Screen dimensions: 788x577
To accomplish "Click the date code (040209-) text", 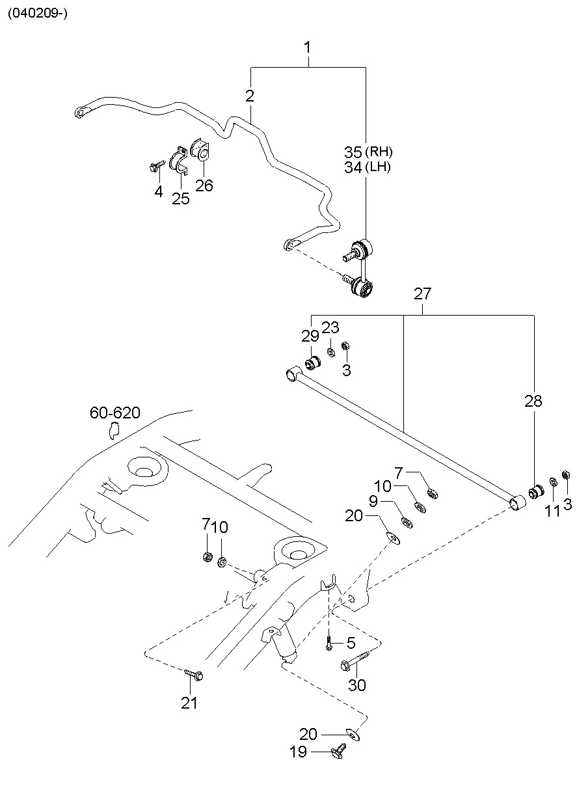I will click(x=37, y=14).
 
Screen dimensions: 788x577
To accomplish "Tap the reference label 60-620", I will click(x=114, y=413).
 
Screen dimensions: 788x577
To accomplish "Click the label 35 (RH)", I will click(x=368, y=152).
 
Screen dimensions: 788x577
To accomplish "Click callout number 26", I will click(x=204, y=185).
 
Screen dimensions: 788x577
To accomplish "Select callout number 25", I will click(x=181, y=198).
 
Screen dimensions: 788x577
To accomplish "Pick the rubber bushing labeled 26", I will click(x=200, y=150).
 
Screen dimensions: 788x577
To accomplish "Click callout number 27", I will click(x=422, y=293).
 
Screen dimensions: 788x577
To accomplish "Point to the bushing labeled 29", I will click(x=312, y=362).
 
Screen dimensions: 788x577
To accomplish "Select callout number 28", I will click(x=533, y=401).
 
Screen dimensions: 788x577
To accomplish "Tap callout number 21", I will click(x=189, y=703).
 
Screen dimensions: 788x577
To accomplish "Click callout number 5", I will click(x=351, y=644).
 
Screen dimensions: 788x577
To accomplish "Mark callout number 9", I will click(x=373, y=502).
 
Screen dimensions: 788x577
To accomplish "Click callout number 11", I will click(x=552, y=511).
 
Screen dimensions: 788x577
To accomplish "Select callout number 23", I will click(x=330, y=327).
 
